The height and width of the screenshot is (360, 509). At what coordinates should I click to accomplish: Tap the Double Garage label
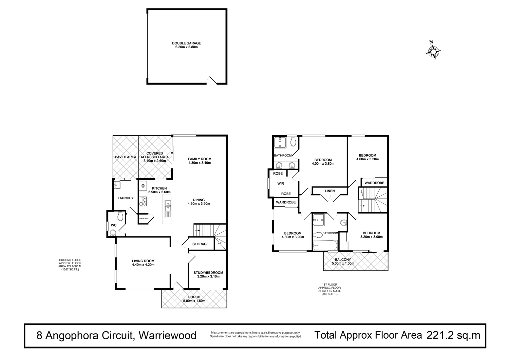186,43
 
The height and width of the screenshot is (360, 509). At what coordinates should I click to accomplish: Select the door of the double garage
212,80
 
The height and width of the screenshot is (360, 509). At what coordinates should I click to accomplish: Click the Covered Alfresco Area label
155,155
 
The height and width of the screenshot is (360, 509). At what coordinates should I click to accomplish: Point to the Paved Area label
126,157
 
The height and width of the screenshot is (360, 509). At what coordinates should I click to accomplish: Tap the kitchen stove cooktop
143,202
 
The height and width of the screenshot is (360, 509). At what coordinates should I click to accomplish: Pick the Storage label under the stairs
201,244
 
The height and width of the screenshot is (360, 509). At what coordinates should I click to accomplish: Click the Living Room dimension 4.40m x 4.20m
143,265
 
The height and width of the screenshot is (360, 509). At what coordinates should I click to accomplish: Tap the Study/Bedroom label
208,272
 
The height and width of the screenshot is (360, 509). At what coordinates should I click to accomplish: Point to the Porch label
194,297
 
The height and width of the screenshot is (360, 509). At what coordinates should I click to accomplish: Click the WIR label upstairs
281,183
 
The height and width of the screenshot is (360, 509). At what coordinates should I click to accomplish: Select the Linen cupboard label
329,191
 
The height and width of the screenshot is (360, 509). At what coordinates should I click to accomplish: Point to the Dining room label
199,200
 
